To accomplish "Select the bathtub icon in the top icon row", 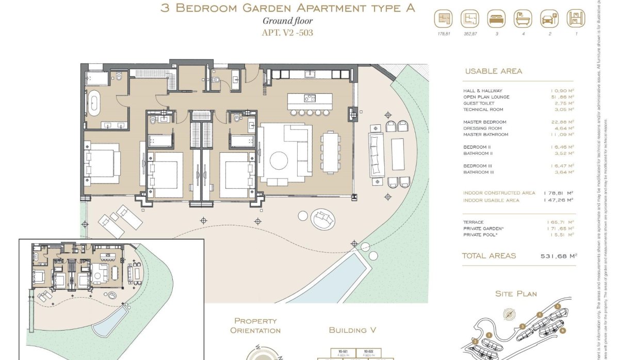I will point(523,19).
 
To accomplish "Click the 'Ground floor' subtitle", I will point(288,21).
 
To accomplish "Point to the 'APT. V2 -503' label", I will point(288,33).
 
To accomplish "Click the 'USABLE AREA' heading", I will point(493,71).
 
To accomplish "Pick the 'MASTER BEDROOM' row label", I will point(484,122).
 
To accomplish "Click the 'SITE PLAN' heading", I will point(516,294).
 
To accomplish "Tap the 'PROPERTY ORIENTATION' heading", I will point(255,325).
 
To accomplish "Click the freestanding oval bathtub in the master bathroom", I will point(94,103).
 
